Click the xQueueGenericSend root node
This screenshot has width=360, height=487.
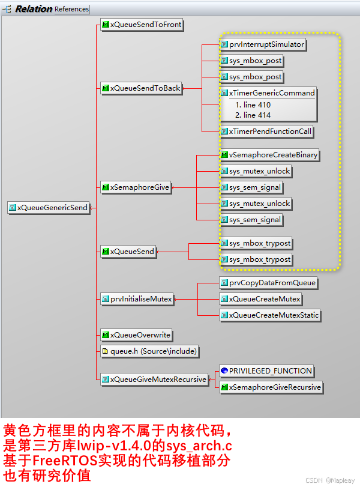click(49, 208)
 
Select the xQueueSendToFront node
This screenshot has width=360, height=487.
click(141, 25)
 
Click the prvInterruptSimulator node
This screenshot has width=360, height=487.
click(263, 44)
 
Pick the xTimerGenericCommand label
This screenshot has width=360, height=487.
click(268, 93)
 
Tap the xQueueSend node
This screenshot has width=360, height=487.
click(128, 251)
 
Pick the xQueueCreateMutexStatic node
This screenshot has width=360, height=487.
click(269, 315)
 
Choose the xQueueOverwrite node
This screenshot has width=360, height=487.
click(136, 334)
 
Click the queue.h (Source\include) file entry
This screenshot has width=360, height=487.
click(149, 351)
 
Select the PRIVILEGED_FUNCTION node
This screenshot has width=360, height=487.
click(266, 371)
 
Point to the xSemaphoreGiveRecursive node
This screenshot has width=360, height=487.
click(271, 387)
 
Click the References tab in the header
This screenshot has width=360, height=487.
click(71, 9)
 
